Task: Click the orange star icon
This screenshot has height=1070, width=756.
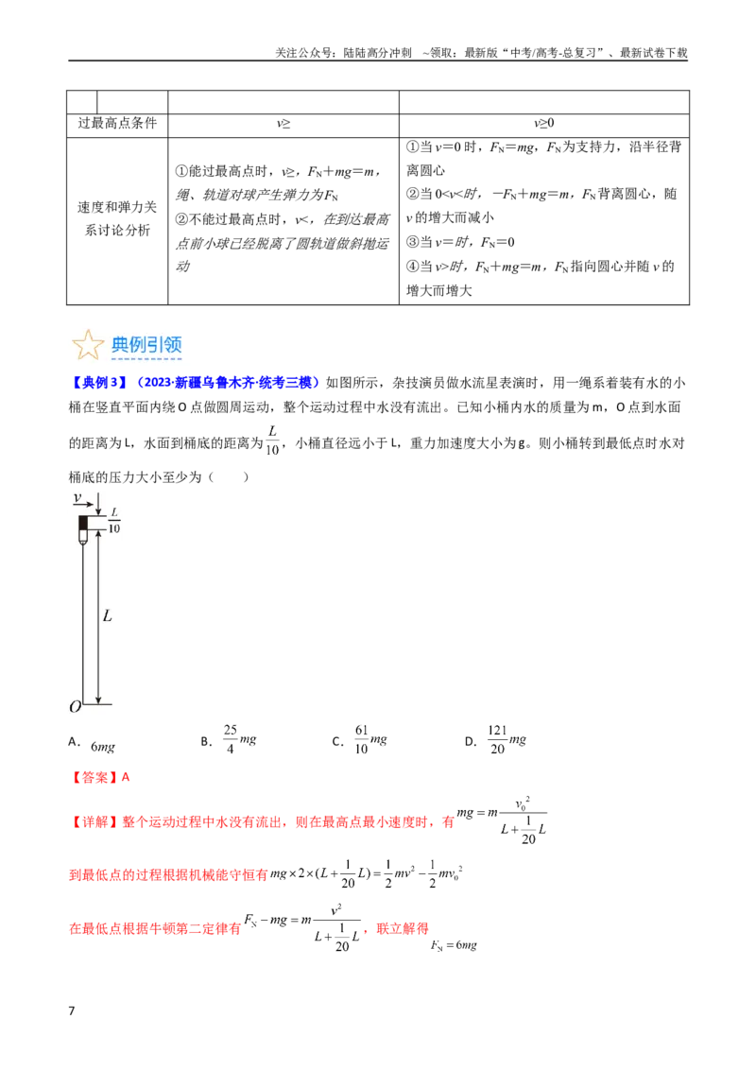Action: tap(87, 344)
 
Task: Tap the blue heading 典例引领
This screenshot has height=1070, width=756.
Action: tap(146, 345)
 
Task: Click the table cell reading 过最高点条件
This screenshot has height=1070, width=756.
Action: tap(117, 124)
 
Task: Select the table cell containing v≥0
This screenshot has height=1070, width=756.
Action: tap(543, 124)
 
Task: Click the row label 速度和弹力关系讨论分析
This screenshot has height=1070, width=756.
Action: tap(117, 218)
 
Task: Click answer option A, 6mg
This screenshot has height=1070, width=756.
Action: tap(93, 745)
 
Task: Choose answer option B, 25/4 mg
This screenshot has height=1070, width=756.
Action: tap(230, 740)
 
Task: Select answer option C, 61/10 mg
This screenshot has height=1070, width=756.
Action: tap(360, 740)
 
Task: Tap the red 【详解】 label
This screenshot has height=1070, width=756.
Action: tap(94, 822)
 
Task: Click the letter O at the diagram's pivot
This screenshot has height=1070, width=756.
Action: tap(75, 707)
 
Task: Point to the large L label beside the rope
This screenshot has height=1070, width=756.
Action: tap(107, 616)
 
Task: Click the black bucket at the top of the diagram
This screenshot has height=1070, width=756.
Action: tap(83, 524)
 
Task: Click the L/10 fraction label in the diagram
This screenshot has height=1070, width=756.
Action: tap(114, 521)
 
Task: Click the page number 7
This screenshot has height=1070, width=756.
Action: tap(72, 1010)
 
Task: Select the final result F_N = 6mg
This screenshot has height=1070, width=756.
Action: tap(454, 945)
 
